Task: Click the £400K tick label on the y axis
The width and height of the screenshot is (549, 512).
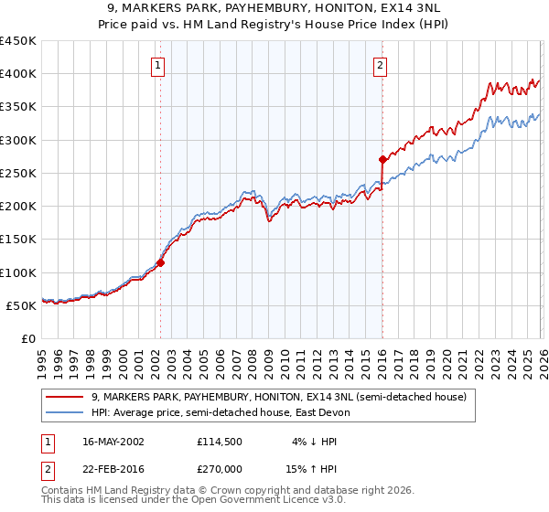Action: click(17, 74)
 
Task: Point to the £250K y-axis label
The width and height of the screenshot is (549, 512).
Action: click(17, 174)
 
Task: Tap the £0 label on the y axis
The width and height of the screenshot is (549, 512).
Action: click(28, 339)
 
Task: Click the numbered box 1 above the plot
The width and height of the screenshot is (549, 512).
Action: click(159, 65)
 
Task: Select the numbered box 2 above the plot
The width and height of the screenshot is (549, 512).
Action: click(380, 65)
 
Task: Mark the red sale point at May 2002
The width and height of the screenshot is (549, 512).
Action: click(160, 263)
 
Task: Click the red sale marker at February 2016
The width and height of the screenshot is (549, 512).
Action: click(382, 159)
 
